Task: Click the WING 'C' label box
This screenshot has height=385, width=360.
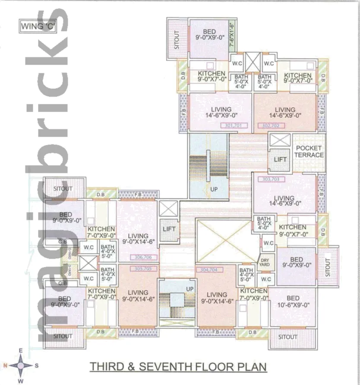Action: click(38, 26)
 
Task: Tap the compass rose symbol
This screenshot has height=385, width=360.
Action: click(21, 365)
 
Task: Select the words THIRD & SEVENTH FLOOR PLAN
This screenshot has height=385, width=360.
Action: click(178, 367)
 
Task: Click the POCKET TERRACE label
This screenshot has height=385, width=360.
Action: click(309, 151)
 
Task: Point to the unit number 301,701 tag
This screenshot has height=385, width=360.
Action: click(233, 126)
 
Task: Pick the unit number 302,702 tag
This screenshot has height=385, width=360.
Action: click(271, 126)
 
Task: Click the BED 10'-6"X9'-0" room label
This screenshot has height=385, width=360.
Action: click(293, 301)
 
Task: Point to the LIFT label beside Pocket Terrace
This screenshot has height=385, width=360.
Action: click(280, 160)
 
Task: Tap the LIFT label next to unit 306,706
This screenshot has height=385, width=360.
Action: click(168, 228)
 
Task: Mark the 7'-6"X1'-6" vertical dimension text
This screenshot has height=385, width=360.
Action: click(231, 34)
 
